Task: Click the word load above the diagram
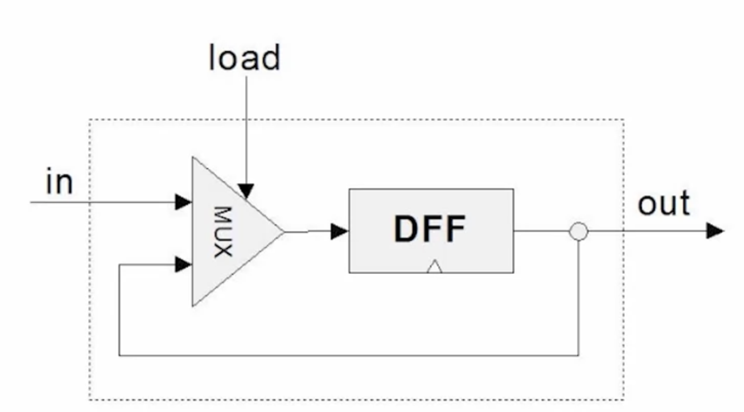pos(244,57)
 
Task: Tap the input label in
pos(60,182)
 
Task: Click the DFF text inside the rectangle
pos(429,229)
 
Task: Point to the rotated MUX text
pos(223,232)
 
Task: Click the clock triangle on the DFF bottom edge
pos(434,267)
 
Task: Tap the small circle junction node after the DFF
pos(579,231)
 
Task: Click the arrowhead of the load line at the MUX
pos(246,191)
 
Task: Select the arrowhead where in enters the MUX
pos(183,202)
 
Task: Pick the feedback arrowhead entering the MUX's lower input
pos(183,264)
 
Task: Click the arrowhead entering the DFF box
pos(340,232)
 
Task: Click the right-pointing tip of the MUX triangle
pos(285,232)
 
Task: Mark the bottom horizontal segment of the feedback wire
pos(349,356)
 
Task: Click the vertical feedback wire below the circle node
pos(579,298)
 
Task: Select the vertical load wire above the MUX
pos(247,130)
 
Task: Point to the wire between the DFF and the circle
pos(541,230)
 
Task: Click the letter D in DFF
pos(406,229)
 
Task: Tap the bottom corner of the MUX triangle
pos(193,306)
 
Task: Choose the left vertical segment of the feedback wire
pos(119,310)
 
